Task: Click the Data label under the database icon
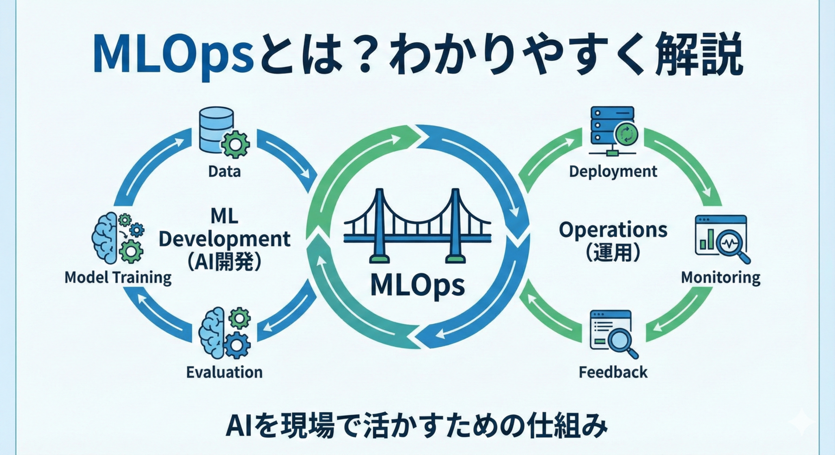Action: tap(224, 171)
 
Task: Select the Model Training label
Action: tap(118, 277)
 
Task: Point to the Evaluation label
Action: tap(224, 372)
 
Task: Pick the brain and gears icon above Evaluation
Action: tap(224, 333)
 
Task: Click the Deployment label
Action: tap(613, 171)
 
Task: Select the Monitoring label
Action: tap(721, 277)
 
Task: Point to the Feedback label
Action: tap(613, 372)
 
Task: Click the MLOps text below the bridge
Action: tap(417, 286)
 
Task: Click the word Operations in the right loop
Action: tap(613, 230)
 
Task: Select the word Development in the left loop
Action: tap(224, 239)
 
